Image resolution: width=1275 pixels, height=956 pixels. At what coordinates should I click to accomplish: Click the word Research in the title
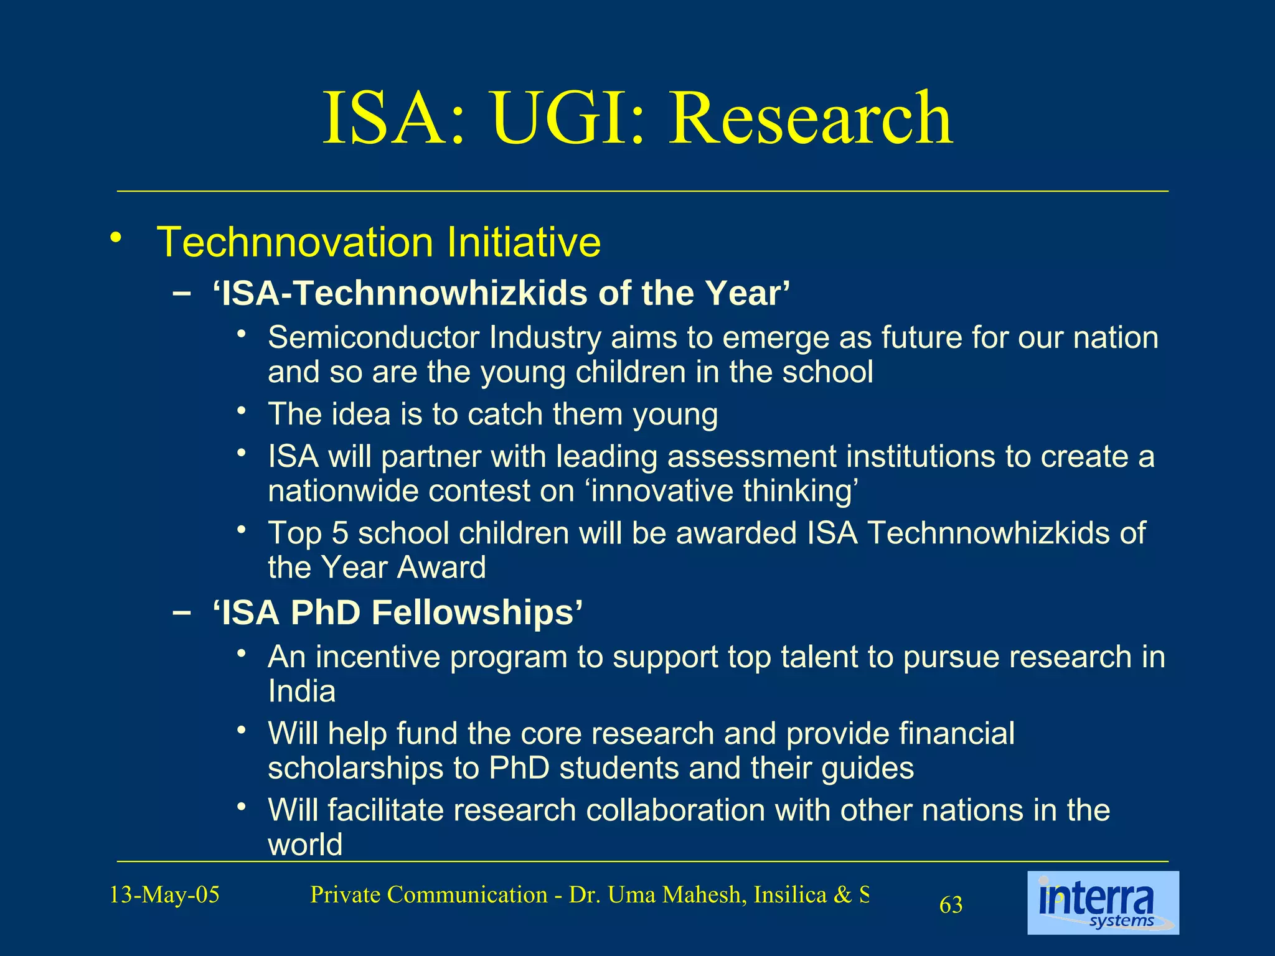pyautogui.click(x=810, y=118)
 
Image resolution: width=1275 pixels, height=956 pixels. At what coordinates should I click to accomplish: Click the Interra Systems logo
pyautogui.click(x=1103, y=902)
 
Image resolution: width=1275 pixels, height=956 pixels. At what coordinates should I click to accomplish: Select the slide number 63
pyautogui.click(x=951, y=905)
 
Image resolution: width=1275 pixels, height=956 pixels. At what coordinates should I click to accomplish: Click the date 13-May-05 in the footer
pyautogui.click(x=164, y=895)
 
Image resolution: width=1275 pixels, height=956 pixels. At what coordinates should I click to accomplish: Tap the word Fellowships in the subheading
pyautogui.click(x=477, y=612)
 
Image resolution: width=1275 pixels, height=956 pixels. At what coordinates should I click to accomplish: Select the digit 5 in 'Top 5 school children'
pyautogui.click(x=339, y=533)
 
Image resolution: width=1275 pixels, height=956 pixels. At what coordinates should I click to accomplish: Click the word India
pyautogui.click(x=301, y=691)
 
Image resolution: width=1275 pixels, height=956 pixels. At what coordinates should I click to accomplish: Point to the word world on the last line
pyautogui.click(x=305, y=845)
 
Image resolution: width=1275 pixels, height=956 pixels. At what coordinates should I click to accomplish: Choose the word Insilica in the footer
pyautogui.click(x=789, y=895)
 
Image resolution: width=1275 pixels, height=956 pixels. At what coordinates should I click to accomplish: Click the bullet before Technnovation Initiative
pyautogui.click(x=115, y=238)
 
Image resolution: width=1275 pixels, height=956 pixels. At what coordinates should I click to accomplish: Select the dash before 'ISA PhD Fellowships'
pyautogui.click(x=181, y=613)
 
